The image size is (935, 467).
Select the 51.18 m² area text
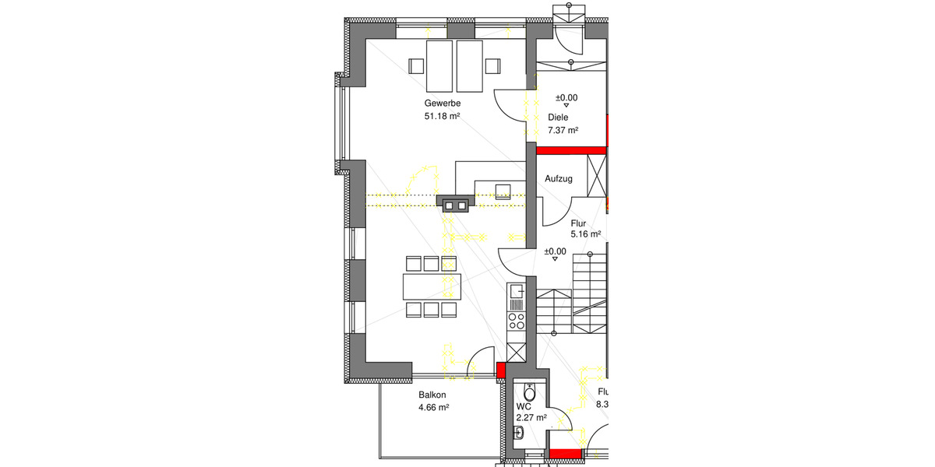coord(441,117)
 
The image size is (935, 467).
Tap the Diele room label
coord(558,118)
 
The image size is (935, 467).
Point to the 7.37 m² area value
coord(563,131)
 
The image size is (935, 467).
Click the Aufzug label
coord(559,179)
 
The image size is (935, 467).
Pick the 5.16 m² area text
coord(585,233)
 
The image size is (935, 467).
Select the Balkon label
coord(432,395)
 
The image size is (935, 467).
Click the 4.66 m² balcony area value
coord(433,407)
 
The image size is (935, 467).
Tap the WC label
coord(523,406)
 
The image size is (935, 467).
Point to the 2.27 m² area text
coord(531,418)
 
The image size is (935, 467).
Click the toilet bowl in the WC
coord(531,392)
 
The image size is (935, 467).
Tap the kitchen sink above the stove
coord(516,293)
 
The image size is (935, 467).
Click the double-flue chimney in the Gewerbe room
coord(456,205)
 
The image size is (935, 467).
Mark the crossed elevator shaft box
coord(597,178)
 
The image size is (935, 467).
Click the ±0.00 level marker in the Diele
coord(566,100)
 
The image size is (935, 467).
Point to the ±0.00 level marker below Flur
coord(555,254)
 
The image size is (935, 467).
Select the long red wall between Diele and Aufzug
coord(571,150)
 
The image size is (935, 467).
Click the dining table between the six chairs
coord(432,286)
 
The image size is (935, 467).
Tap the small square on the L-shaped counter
coord(503,190)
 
